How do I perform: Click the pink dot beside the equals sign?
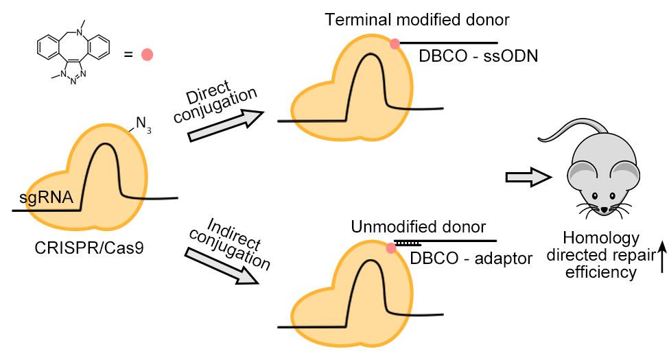click(x=147, y=55)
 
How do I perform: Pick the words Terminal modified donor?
click(x=417, y=20)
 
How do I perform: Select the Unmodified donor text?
click(x=419, y=227)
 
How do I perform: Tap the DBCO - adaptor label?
click(x=469, y=259)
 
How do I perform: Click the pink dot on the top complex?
click(x=395, y=44)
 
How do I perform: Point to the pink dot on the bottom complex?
click(x=390, y=248)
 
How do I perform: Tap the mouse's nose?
click(x=603, y=208)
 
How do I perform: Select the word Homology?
click(x=600, y=239)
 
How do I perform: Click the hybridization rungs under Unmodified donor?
click(x=408, y=243)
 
